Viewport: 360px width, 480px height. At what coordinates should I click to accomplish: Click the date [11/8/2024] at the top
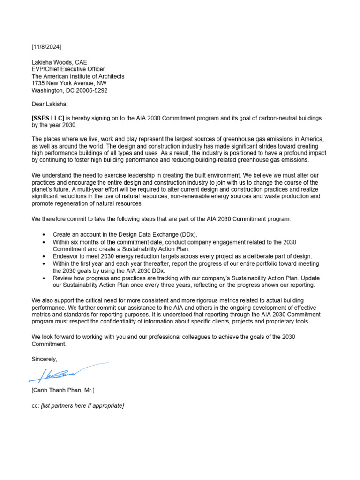(46, 47)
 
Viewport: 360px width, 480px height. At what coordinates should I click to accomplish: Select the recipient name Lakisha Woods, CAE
(59, 62)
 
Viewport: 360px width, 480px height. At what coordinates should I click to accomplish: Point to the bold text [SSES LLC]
(48, 118)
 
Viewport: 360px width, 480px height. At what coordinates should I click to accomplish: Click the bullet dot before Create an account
(44, 234)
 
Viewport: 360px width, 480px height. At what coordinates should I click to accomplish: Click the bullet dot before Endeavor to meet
(44, 256)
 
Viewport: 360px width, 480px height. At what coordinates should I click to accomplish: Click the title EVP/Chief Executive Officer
(68, 69)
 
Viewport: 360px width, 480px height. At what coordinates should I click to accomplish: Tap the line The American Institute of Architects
(78, 76)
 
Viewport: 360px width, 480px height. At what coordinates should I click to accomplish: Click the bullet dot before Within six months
(44, 242)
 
